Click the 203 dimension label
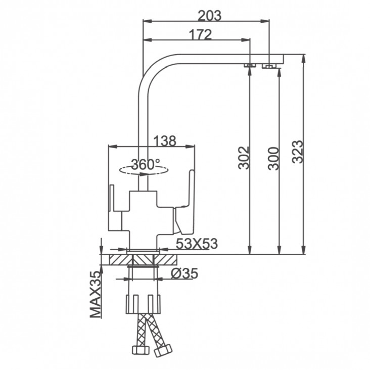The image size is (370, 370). click(210, 16)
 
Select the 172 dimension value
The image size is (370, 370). click(201, 35)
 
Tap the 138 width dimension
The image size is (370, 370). click(165, 141)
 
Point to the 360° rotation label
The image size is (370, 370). click(146, 164)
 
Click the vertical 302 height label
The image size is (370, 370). click(244, 158)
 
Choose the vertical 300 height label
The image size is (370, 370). click(273, 158)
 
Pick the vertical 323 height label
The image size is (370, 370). click(297, 152)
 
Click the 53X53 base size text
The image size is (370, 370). click(197, 244)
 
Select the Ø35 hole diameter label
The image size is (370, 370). click(184, 273)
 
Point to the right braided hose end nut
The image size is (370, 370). click(163, 350)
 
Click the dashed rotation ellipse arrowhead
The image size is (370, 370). click(143, 174)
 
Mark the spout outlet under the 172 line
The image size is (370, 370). click(249, 65)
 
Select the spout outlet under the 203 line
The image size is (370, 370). click(269, 66)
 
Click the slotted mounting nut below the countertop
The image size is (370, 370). click(143, 304)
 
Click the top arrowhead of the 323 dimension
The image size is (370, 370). click(303, 59)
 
